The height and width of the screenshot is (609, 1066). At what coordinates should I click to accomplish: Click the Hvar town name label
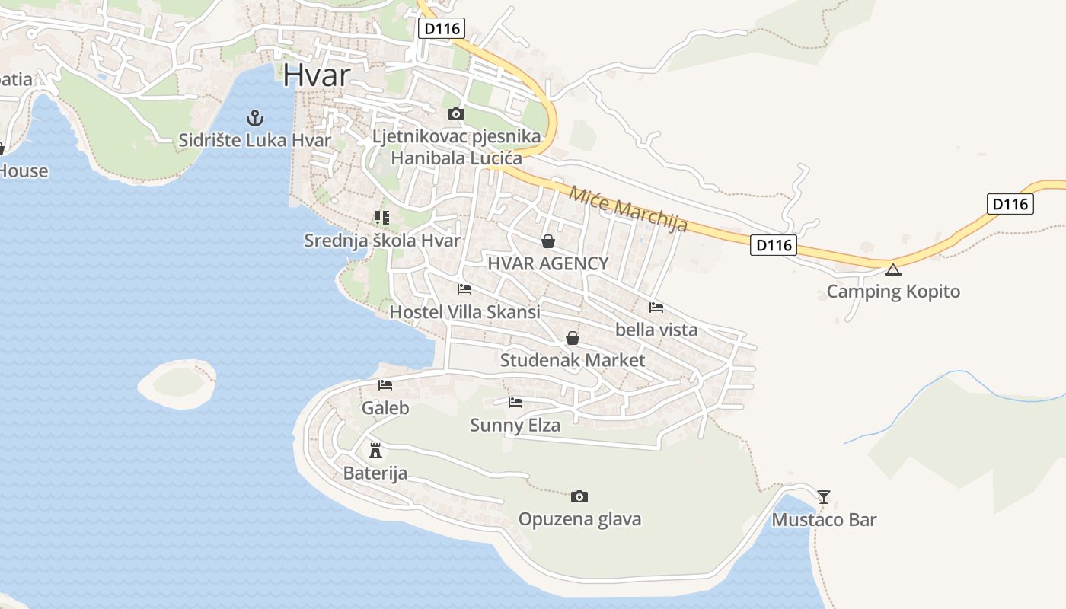click(x=317, y=75)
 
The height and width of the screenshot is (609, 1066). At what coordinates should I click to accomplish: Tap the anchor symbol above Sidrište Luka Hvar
click(x=255, y=118)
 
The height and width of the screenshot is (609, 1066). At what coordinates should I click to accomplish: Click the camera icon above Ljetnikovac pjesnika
click(x=456, y=114)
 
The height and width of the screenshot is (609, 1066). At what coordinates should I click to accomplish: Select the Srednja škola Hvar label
click(x=382, y=241)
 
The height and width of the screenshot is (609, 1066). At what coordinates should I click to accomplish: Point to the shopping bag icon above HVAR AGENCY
click(x=547, y=242)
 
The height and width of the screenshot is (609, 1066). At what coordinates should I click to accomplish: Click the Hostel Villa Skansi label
click(x=464, y=311)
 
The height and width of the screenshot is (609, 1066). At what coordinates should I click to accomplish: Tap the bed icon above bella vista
click(x=656, y=308)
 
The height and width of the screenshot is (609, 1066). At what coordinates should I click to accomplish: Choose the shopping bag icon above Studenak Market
click(x=572, y=338)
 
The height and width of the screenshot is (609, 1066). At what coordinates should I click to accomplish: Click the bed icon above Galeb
click(x=385, y=385)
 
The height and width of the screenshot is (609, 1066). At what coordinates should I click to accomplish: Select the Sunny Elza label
click(x=515, y=425)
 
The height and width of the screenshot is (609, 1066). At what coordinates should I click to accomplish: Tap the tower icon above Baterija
click(x=375, y=450)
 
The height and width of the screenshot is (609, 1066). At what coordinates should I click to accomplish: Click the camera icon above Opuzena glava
click(x=579, y=497)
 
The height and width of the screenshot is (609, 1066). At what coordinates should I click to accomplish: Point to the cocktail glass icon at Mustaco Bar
click(x=824, y=497)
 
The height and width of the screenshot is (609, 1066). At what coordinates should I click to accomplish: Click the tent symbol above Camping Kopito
click(x=893, y=269)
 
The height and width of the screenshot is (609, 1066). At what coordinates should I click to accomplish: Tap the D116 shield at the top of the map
click(x=442, y=29)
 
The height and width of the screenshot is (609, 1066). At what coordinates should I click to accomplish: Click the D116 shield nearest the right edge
click(x=1011, y=204)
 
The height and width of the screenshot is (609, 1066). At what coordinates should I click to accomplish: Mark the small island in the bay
click(x=177, y=384)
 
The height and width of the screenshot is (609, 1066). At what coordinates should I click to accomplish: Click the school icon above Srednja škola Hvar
click(x=382, y=218)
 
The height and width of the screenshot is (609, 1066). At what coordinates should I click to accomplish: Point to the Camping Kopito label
click(x=893, y=292)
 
